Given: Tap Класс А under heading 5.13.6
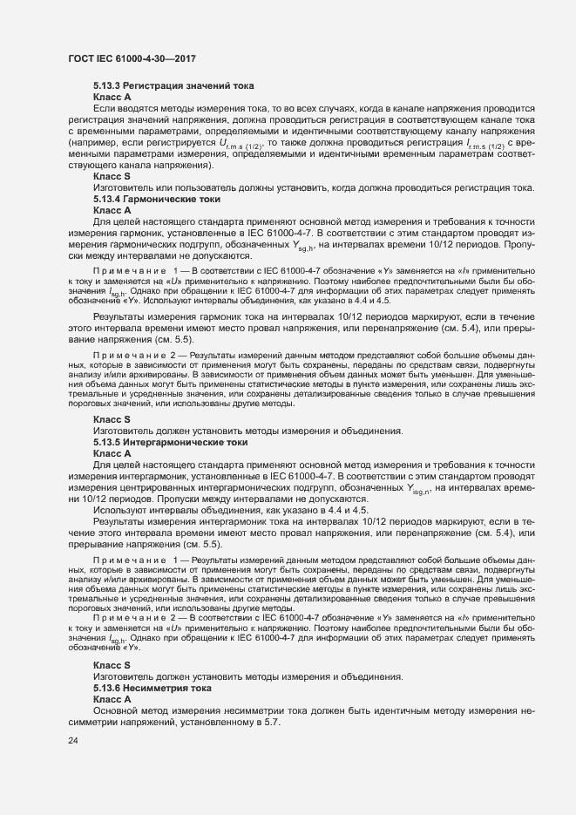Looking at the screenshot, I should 112,698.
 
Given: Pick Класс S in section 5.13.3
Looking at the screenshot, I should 112,177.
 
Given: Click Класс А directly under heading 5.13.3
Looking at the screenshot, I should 112,98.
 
